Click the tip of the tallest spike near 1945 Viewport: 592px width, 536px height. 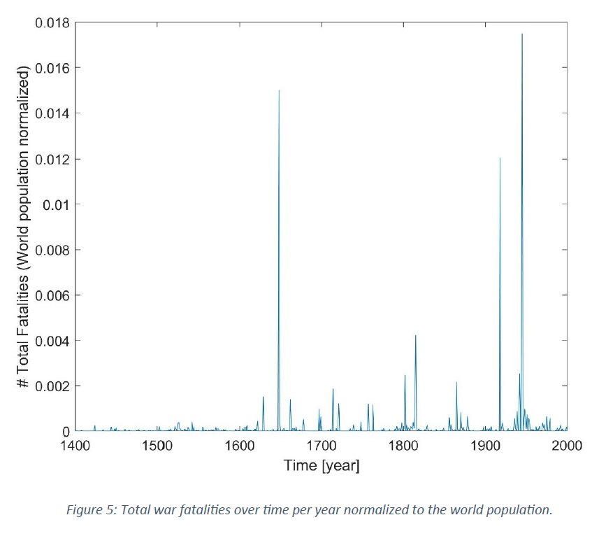click(x=522, y=34)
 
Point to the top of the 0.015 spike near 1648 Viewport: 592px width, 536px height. click(x=279, y=90)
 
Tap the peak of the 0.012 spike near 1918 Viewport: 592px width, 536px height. click(x=500, y=158)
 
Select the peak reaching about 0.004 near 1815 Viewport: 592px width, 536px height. click(x=416, y=335)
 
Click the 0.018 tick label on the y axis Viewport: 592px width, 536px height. click(x=52, y=22)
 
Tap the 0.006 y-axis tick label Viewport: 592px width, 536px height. click(x=52, y=295)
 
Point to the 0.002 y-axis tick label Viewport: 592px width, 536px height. click(x=52, y=386)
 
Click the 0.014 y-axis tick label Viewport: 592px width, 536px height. click(x=52, y=113)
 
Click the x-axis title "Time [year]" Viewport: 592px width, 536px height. click(x=322, y=465)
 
